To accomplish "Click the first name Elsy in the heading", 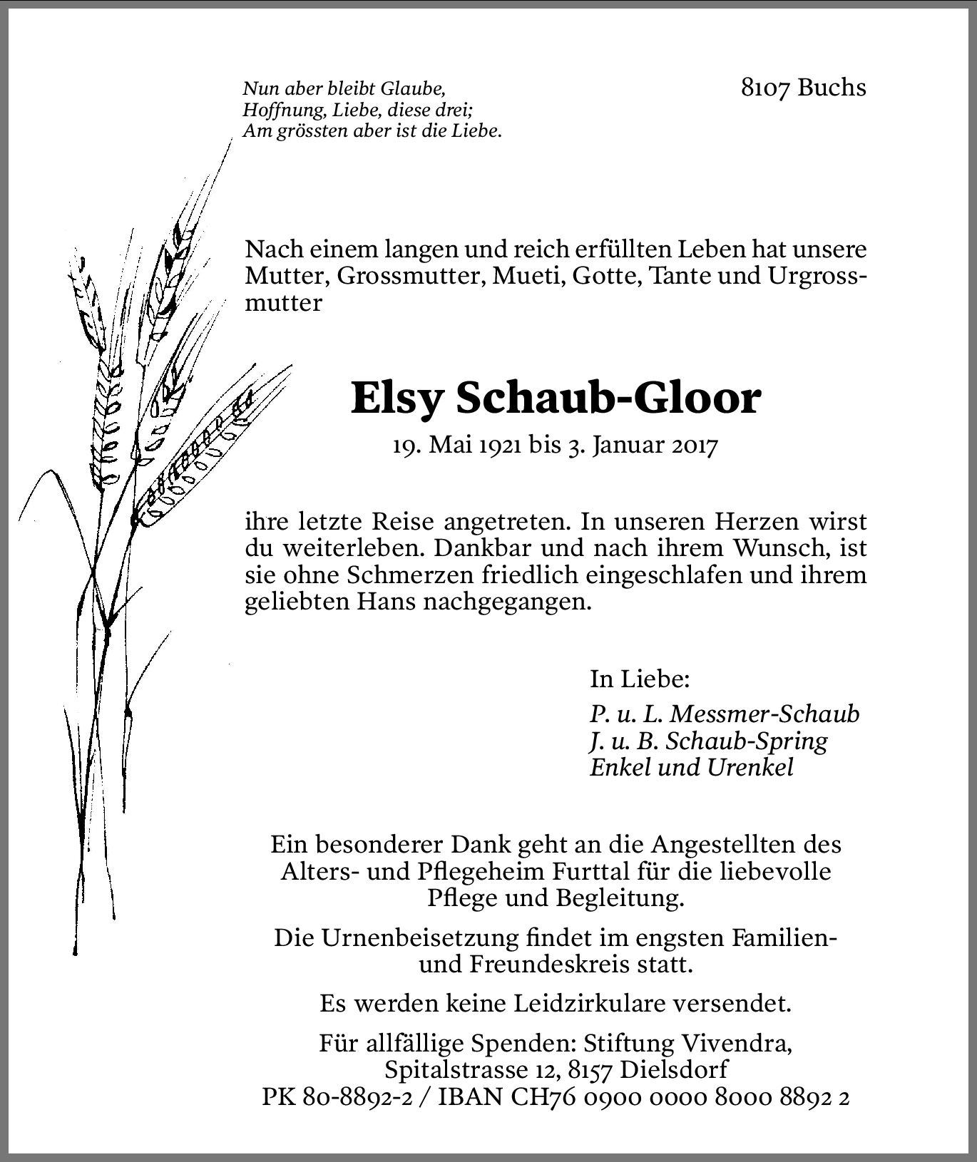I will coord(398,399).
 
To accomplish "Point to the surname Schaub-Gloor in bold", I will coord(608,399).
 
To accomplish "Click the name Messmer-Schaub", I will coord(764,714).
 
